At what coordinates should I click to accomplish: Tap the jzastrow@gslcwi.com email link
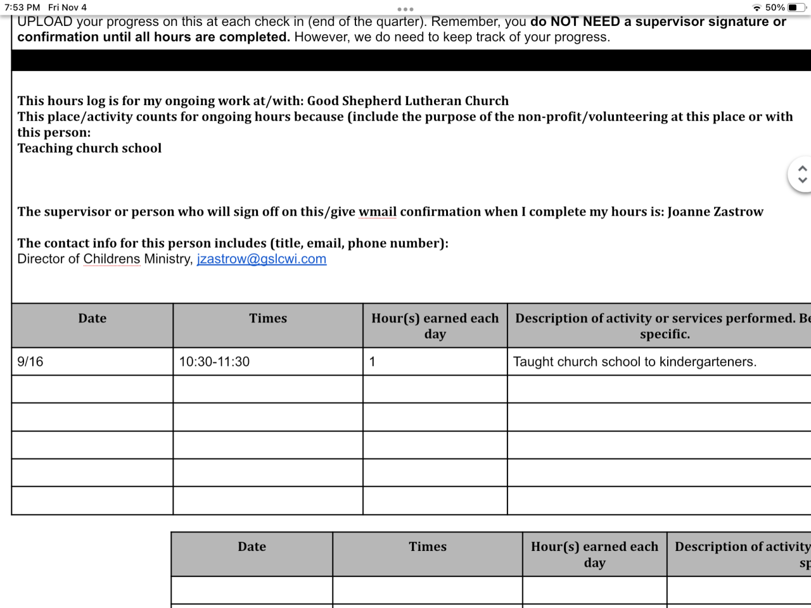pyautogui.click(x=261, y=259)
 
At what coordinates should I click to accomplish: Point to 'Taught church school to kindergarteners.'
pyautogui.click(x=634, y=362)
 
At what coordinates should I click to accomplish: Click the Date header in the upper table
pyautogui.click(x=93, y=319)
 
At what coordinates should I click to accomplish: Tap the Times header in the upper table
pyautogui.click(x=268, y=319)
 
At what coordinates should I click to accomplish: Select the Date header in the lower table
pyautogui.click(x=252, y=547)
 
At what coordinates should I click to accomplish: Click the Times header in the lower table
pyautogui.click(x=428, y=547)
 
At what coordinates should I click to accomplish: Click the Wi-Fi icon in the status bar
pyautogui.click(x=757, y=8)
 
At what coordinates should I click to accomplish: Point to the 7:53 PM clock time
pyautogui.click(x=22, y=8)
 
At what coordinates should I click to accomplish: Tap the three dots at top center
pyautogui.click(x=405, y=9)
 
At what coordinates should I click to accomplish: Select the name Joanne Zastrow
pyautogui.click(x=715, y=212)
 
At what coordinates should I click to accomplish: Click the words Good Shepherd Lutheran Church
pyautogui.click(x=408, y=101)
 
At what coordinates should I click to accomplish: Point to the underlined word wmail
pyautogui.click(x=378, y=212)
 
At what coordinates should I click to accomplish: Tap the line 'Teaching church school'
pyautogui.click(x=89, y=148)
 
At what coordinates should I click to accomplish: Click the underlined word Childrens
pyautogui.click(x=112, y=259)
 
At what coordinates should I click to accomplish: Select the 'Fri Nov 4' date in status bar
pyautogui.click(x=67, y=8)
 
